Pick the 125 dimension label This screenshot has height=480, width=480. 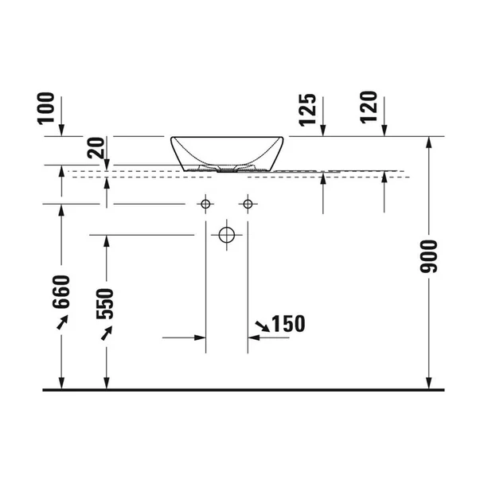click(x=309, y=109)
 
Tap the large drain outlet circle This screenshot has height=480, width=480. click(x=226, y=235)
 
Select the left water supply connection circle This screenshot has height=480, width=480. click(x=205, y=205)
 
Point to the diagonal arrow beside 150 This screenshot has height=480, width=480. click(x=261, y=326)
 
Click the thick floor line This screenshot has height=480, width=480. click(x=239, y=391)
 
